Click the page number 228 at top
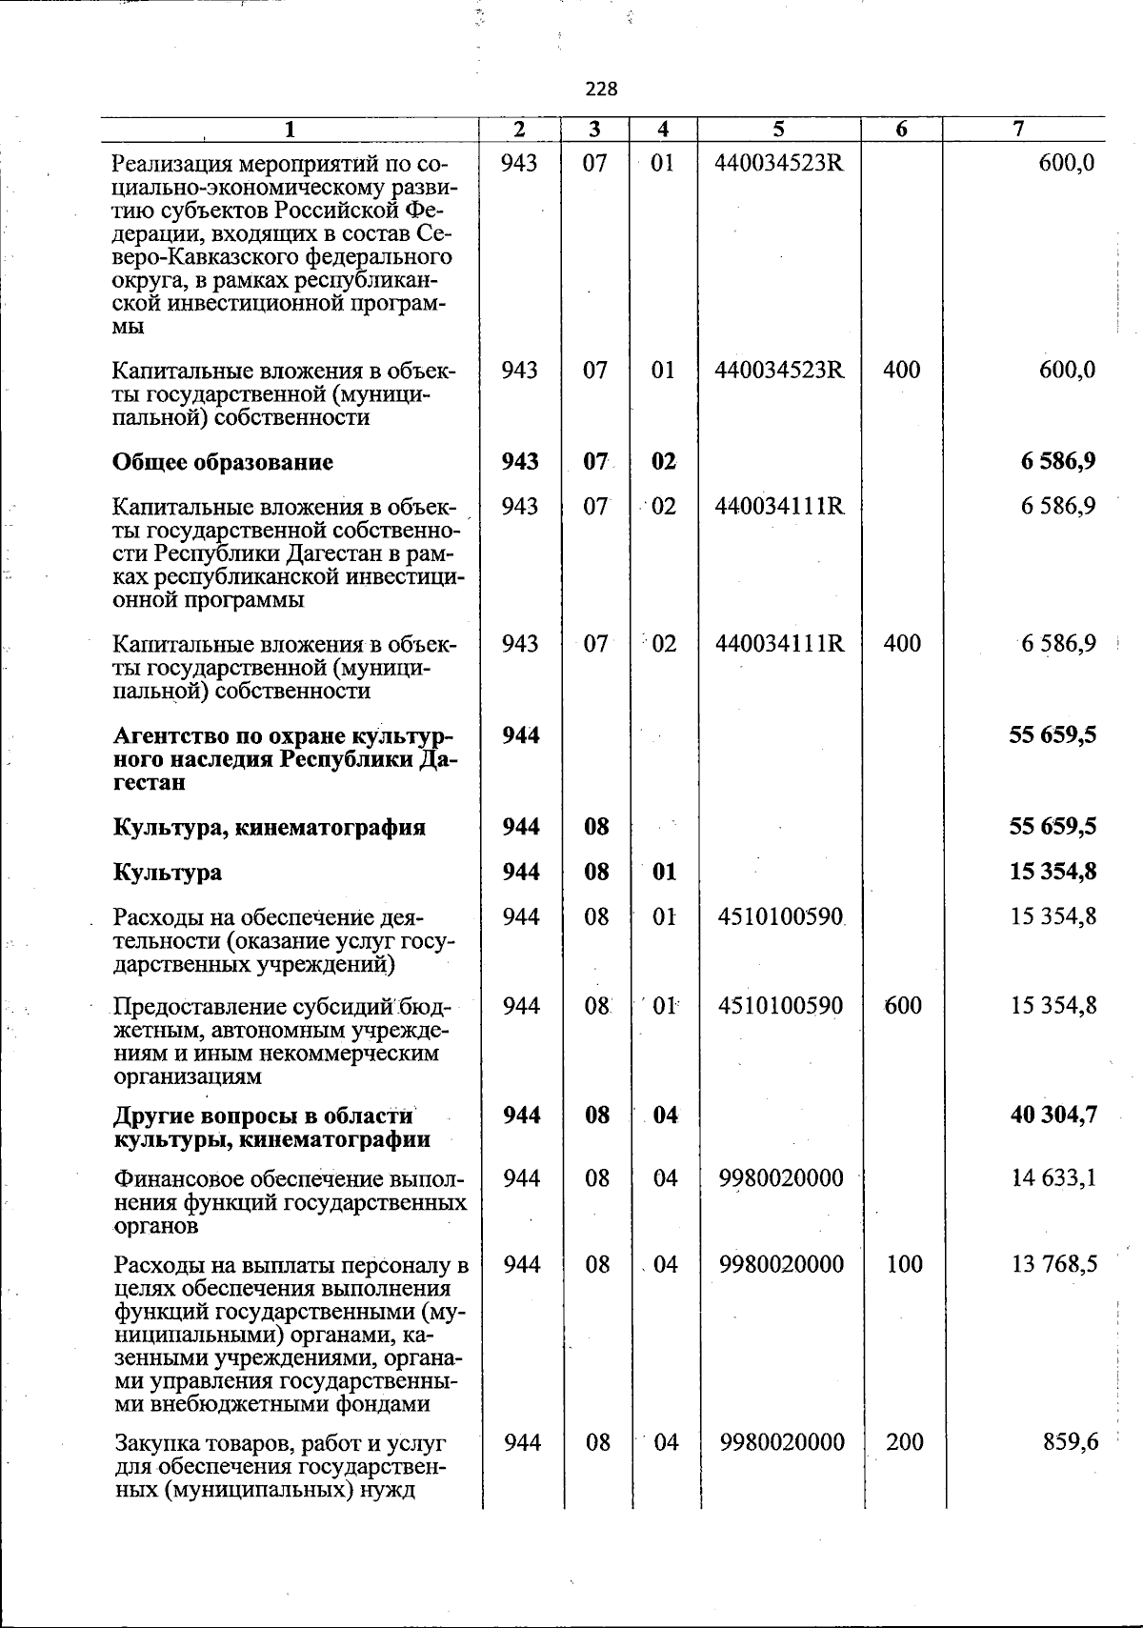point(601,90)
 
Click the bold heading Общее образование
point(223,463)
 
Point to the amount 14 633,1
point(1053,1178)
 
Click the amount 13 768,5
point(1053,1264)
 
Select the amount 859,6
point(1071,1442)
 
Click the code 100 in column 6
point(903,1264)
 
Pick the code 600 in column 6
point(902,1006)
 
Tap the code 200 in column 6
point(904,1442)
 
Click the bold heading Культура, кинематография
point(269,827)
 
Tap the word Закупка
point(155,1443)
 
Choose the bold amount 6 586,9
point(1057,462)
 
